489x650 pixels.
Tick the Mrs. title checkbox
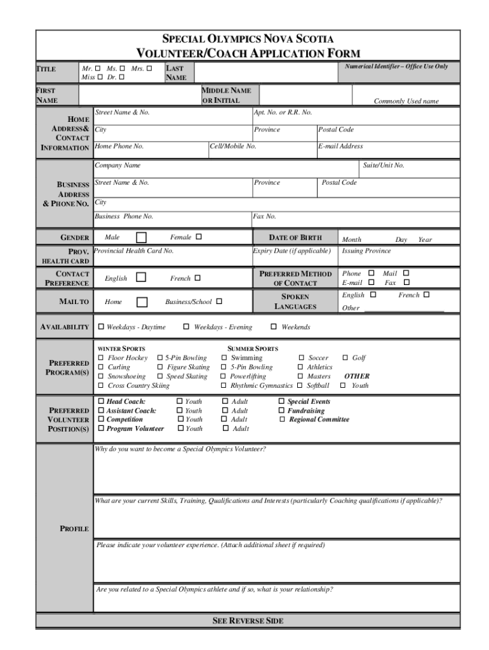tap(149, 68)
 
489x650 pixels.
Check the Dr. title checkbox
tap(121, 77)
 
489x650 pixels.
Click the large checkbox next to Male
tap(142, 237)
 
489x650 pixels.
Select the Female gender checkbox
tap(198, 237)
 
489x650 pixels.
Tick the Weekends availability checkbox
tap(274, 327)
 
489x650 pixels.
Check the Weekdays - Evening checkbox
tap(186, 327)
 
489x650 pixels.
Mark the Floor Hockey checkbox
tap(101, 358)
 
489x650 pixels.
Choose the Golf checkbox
tap(345, 358)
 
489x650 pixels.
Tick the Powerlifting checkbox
tap(224, 376)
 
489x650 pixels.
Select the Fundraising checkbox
tap(282, 411)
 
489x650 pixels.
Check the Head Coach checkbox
tap(101, 401)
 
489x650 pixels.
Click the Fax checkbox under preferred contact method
tap(407, 282)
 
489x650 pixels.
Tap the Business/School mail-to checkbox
tap(219, 302)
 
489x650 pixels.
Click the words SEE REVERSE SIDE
tap(248, 620)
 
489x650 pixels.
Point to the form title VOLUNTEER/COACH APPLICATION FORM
tap(248, 53)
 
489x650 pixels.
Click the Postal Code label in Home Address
tap(336, 129)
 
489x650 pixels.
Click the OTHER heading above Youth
tap(356, 376)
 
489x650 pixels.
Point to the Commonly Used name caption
tap(406, 101)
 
